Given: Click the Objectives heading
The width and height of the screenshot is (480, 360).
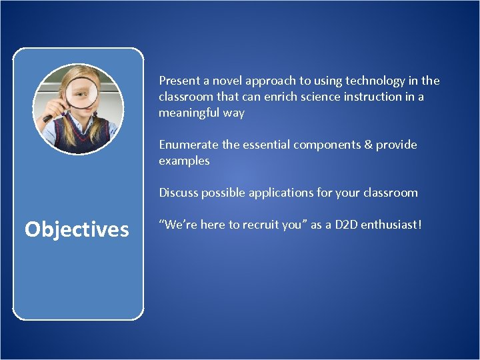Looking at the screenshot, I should pos(77,229).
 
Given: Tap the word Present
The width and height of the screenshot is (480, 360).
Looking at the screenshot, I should pos(179,81).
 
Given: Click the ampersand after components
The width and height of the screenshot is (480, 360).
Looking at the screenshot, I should pos(365,145).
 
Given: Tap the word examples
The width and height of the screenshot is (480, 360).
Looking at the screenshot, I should pos(184,161).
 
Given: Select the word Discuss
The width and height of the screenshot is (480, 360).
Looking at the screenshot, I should pos(178,193).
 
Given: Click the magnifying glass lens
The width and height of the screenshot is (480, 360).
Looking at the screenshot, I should pos(79,91).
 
